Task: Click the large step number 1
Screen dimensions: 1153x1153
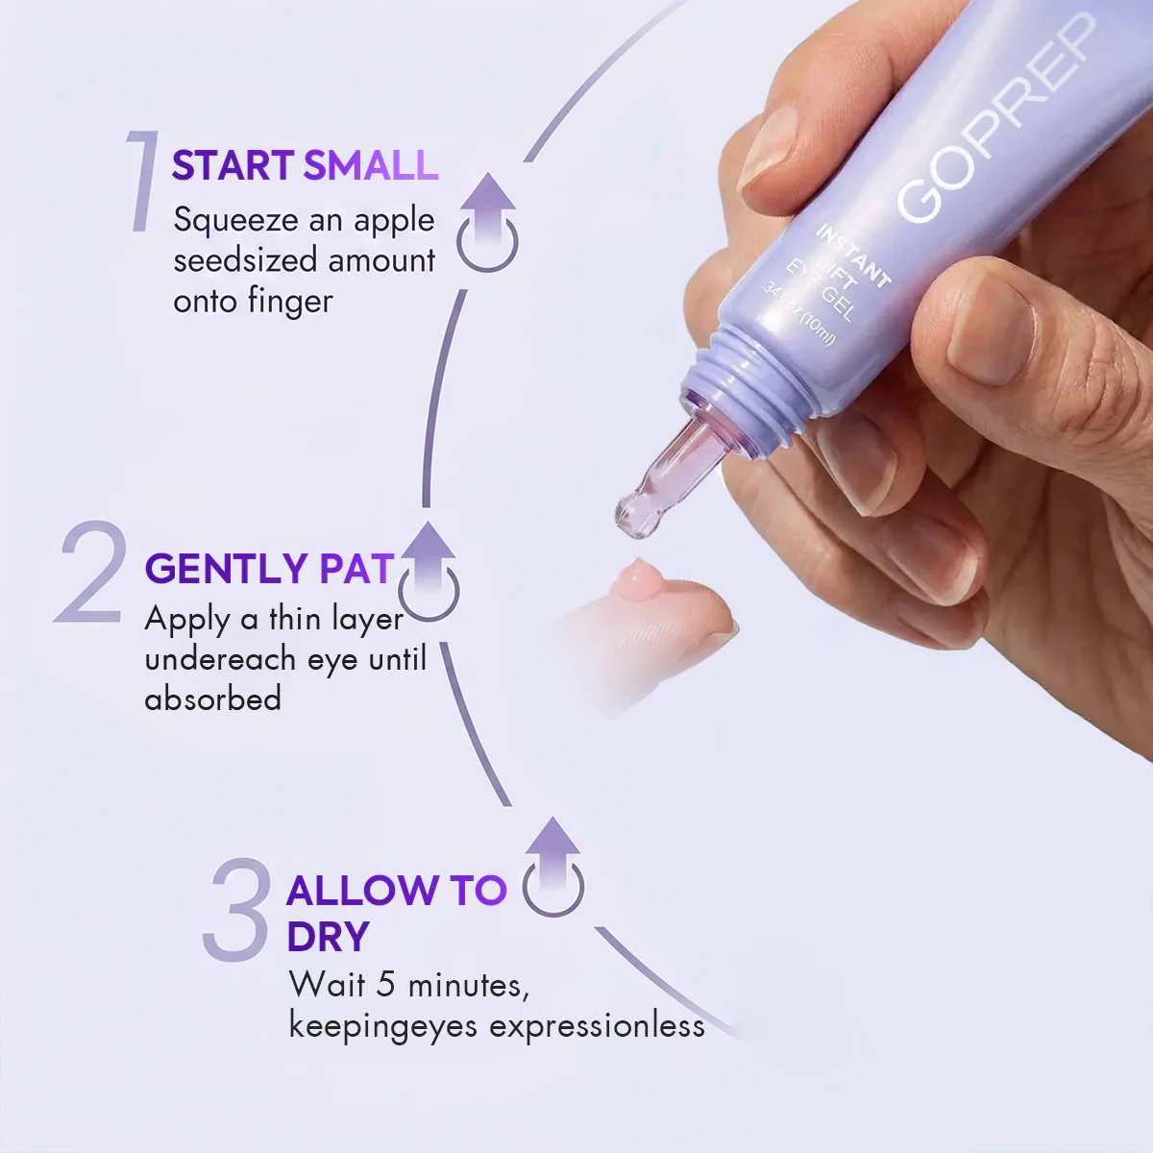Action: [143, 181]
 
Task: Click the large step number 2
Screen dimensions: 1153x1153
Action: [91, 572]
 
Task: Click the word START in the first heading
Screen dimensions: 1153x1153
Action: [233, 164]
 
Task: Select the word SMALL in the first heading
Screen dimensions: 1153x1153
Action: [371, 164]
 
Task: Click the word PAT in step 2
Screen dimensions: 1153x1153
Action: [356, 568]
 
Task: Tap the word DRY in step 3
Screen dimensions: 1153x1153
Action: [328, 937]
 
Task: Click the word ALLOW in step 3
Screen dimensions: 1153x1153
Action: [363, 890]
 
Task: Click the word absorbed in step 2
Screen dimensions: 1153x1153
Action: [213, 698]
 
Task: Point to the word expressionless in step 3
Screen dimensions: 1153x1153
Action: [597, 1026]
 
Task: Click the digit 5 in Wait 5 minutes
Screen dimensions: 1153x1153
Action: [386, 984]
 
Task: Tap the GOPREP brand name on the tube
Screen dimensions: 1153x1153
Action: [996, 117]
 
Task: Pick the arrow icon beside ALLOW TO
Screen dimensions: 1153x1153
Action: [552, 867]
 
